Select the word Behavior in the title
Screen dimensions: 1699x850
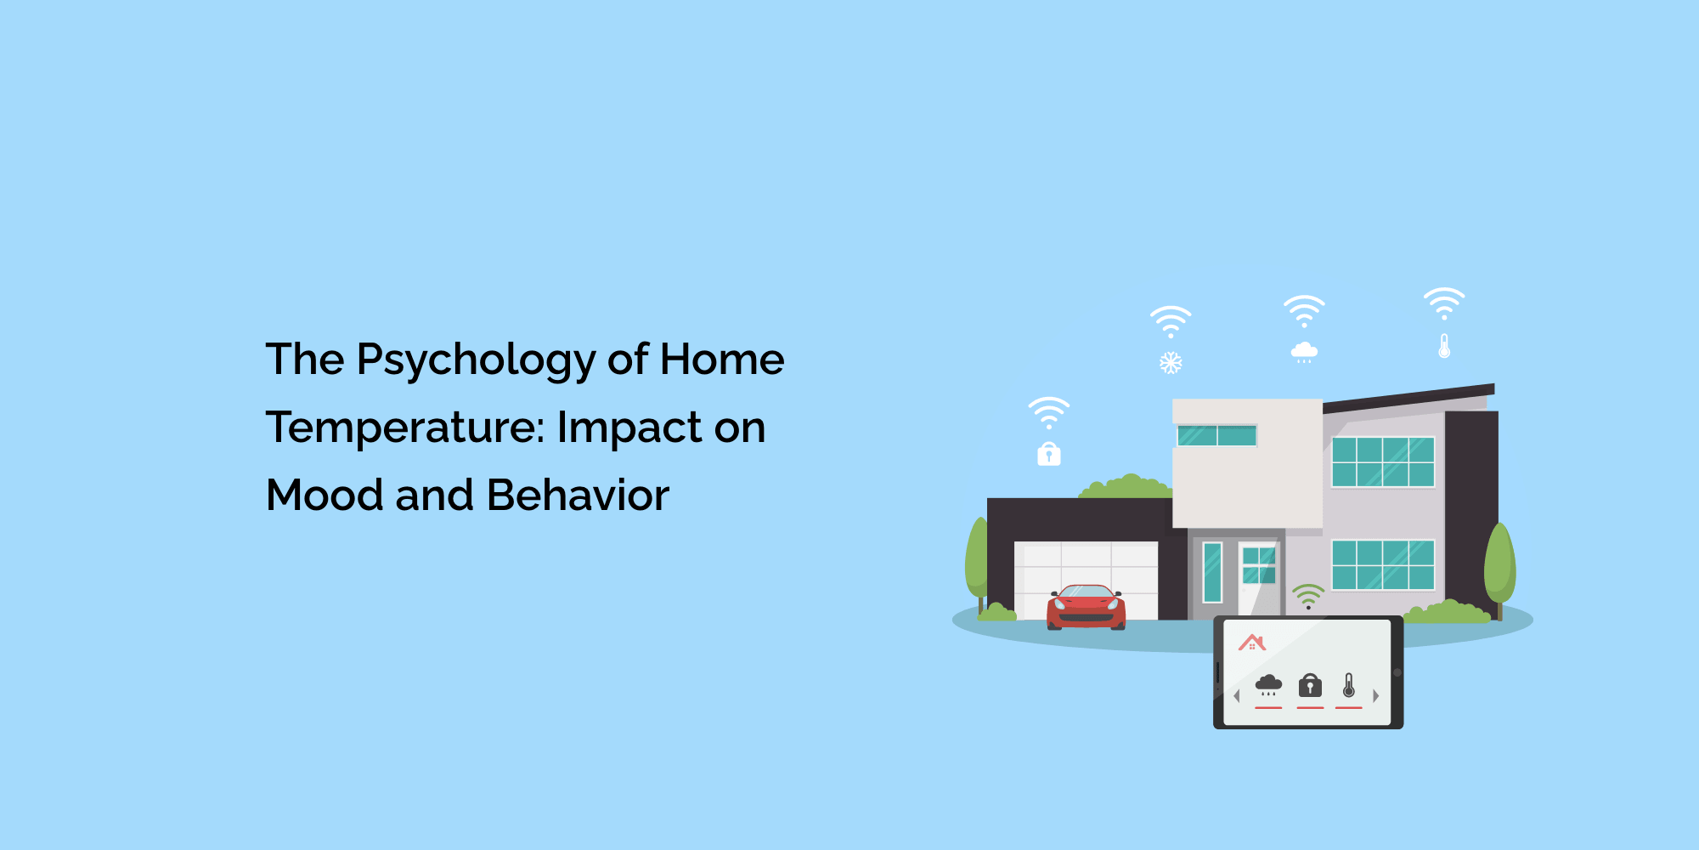(x=579, y=495)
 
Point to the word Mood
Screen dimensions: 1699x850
(x=325, y=495)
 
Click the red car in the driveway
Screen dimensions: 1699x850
(x=1086, y=607)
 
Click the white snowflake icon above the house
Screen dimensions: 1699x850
(x=1171, y=363)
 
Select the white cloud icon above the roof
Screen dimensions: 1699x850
(x=1304, y=351)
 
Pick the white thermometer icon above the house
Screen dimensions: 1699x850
(x=1444, y=345)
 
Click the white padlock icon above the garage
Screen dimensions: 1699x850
(x=1049, y=454)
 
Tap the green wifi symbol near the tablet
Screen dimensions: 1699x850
(x=1308, y=595)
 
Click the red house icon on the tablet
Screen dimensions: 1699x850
(x=1252, y=643)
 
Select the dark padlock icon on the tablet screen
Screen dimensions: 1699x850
(x=1310, y=685)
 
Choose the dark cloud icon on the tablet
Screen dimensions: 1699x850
(x=1268, y=684)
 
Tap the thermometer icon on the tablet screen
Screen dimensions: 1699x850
(x=1349, y=685)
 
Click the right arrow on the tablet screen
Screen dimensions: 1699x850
(x=1375, y=695)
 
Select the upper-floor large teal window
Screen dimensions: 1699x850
(x=1383, y=462)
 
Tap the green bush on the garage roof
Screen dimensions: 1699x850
(x=1126, y=486)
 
